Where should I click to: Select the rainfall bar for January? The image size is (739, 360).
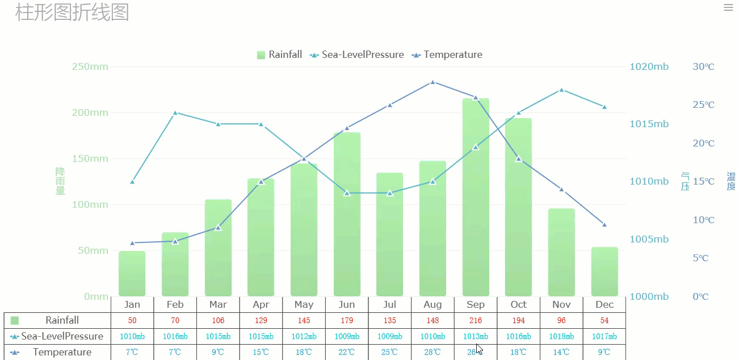click(x=132, y=274)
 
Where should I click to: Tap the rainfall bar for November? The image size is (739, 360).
click(x=561, y=253)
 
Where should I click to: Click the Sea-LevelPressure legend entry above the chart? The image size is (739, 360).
click(x=357, y=55)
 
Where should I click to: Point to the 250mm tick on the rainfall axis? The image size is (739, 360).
click(x=90, y=66)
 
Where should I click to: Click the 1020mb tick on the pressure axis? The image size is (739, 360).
click(x=649, y=66)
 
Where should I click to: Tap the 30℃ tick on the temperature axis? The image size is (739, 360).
click(x=704, y=66)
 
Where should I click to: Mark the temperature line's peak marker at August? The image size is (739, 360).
click(x=433, y=82)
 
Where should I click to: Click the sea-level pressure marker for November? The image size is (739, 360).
click(x=561, y=90)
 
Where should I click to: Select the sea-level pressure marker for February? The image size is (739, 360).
click(x=175, y=112)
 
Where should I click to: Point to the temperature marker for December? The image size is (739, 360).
click(x=604, y=225)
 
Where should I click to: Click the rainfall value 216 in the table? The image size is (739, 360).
click(x=476, y=321)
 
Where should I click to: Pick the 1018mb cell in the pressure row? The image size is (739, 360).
click(x=561, y=336)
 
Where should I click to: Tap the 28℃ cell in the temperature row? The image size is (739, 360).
click(x=433, y=352)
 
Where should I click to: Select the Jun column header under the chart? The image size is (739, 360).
click(x=347, y=305)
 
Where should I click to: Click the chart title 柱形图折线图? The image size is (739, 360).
click(x=72, y=12)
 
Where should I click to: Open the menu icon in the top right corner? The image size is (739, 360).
click(x=728, y=7)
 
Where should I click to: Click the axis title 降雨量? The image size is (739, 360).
click(x=60, y=181)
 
